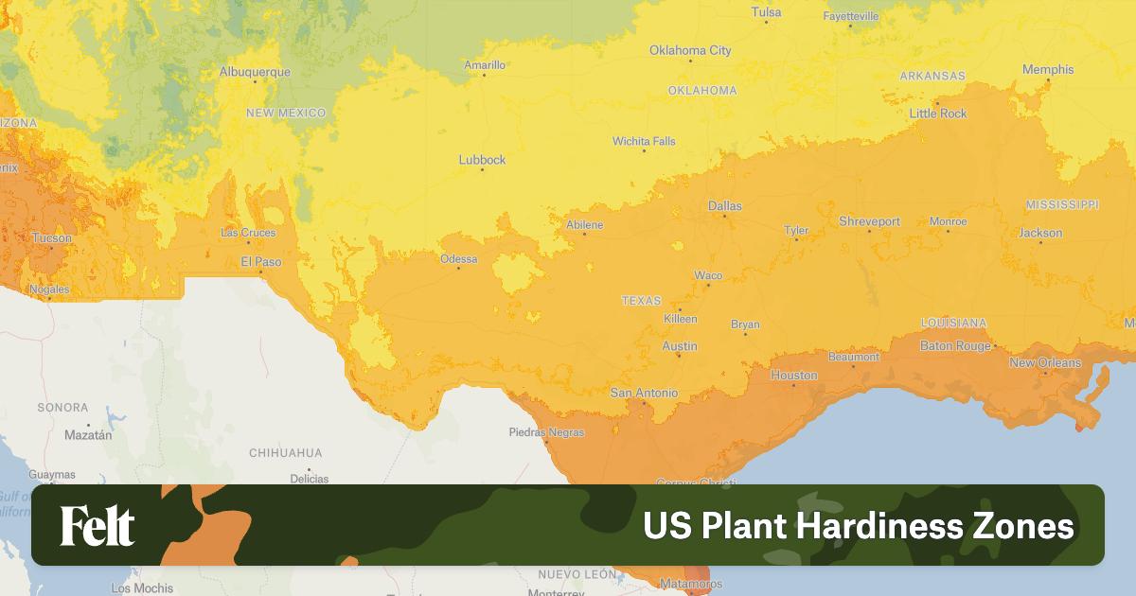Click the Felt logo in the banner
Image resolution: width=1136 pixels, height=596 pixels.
(98, 526)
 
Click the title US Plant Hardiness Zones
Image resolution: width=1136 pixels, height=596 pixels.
(859, 526)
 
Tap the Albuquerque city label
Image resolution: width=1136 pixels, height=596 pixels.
(255, 71)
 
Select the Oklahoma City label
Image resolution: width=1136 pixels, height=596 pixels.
(690, 50)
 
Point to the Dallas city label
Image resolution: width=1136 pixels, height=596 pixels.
(725, 205)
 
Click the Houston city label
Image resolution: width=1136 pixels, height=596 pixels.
(793, 376)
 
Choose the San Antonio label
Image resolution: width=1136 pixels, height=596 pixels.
(644, 393)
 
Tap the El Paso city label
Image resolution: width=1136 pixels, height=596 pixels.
(260, 261)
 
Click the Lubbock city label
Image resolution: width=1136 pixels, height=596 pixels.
(482, 160)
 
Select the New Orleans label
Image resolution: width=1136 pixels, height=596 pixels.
(1044, 362)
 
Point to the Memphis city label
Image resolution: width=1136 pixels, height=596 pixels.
(1048, 69)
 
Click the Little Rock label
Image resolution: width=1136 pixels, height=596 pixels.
(938, 114)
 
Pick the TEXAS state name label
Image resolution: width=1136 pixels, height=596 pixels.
(641, 301)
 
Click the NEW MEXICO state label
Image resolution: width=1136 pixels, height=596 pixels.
(286, 113)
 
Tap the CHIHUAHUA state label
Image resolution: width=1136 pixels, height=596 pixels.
(286, 453)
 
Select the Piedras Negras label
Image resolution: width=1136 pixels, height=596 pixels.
(546, 432)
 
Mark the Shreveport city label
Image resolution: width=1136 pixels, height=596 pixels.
(869, 221)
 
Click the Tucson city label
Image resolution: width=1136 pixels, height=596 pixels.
(51, 237)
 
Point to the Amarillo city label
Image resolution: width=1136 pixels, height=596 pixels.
(485, 65)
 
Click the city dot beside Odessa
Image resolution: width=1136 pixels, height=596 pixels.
(459, 268)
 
